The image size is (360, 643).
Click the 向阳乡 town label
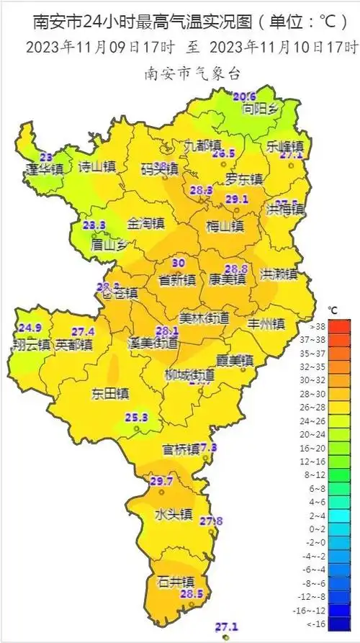coord(260,109)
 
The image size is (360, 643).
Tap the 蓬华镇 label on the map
coord(45,169)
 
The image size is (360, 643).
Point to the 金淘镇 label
coord(146,224)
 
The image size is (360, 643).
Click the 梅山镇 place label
coord(225,227)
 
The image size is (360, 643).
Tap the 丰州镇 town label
coord(266,323)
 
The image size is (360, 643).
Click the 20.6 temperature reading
coord(245,96)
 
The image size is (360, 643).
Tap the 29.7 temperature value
coord(161,481)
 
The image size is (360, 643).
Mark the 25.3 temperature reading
coord(136,418)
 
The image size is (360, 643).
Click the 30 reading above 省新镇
coord(179,264)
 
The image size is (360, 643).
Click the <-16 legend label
coord(337,624)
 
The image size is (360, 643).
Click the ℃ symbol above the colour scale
coord(333,310)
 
